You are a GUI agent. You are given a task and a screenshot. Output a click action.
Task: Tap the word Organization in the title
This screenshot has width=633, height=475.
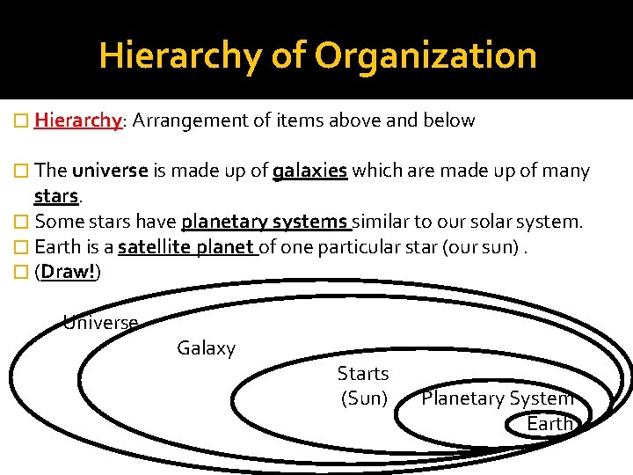click(426, 55)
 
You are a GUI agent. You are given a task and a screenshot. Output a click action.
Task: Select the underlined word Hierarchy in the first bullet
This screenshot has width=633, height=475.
click(77, 121)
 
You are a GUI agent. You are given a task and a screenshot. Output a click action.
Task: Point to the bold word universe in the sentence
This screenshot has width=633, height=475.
click(110, 171)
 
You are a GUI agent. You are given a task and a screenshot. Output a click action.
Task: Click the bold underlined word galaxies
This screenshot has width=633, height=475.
click(310, 171)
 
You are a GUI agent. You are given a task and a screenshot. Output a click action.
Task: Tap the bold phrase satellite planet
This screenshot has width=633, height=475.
click(186, 247)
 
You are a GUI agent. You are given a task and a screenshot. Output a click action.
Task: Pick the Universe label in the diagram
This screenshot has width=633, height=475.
click(100, 323)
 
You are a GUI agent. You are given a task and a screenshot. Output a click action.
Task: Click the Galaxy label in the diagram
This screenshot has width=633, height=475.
click(207, 348)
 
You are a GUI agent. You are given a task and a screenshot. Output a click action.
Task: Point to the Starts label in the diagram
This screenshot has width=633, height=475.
click(363, 374)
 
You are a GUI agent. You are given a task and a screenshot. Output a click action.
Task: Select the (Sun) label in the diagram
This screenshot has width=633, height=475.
click(364, 398)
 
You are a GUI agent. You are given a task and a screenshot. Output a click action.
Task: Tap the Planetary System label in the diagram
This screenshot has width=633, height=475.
click(498, 398)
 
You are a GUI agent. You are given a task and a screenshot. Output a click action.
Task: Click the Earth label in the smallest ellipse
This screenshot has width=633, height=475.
click(550, 424)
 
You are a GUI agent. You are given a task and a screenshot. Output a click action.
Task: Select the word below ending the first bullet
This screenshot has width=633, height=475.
click(451, 121)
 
